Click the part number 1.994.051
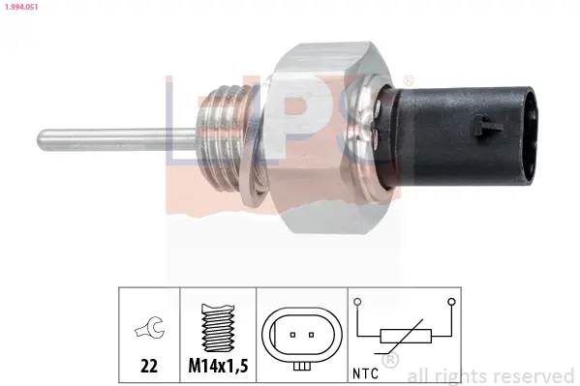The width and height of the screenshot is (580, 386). click(x=21, y=7)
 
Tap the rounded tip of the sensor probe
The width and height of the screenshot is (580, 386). click(x=40, y=140)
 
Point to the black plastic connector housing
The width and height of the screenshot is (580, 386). click(x=459, y=135)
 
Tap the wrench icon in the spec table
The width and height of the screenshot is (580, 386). click(x=149, y=327)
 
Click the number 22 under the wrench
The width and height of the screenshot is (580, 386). click(x=149, y=366)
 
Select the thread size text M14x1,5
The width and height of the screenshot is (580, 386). click(x=218, y=366)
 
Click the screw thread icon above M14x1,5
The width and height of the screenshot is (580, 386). click(x=218, y=328)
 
